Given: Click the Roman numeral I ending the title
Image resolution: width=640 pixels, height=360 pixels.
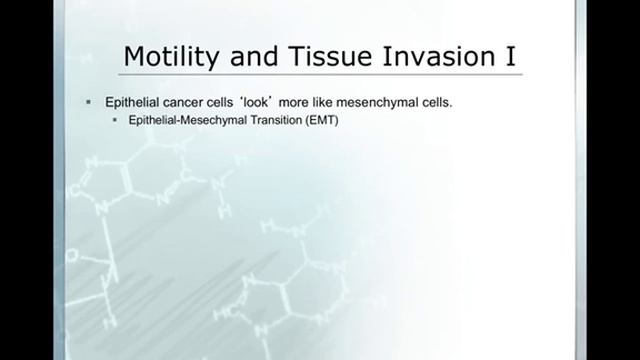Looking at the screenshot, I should (x=510, y=57).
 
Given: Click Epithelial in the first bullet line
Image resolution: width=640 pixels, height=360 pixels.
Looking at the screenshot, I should (x=125, y=103).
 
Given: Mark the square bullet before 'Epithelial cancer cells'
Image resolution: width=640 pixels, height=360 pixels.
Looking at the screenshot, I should (x=89, y=103).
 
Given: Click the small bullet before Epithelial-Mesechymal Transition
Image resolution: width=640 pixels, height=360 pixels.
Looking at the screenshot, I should (x=115, y=120).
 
